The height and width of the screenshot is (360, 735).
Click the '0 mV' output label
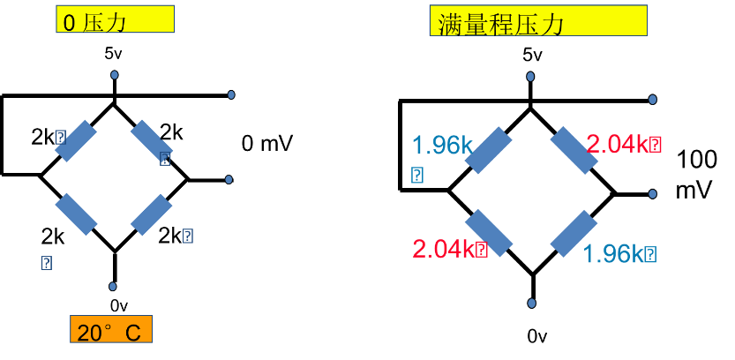pyautogui.click(x=267, y=142)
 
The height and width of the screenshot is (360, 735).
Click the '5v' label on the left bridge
pyautogui.click(x=114, y=54)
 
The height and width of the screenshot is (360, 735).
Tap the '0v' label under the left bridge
pyautogui.click(x=118, y=305)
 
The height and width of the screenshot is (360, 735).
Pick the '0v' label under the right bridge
pyautogui.click(x=537, y=335)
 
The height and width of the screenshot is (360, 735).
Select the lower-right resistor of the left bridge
pyautogui.click(x=152, y=214)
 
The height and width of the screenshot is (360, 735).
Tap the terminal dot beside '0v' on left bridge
pyautogui.click(x=114, y=287)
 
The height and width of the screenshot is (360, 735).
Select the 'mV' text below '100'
pyautogui.click(x=694, y=191)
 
